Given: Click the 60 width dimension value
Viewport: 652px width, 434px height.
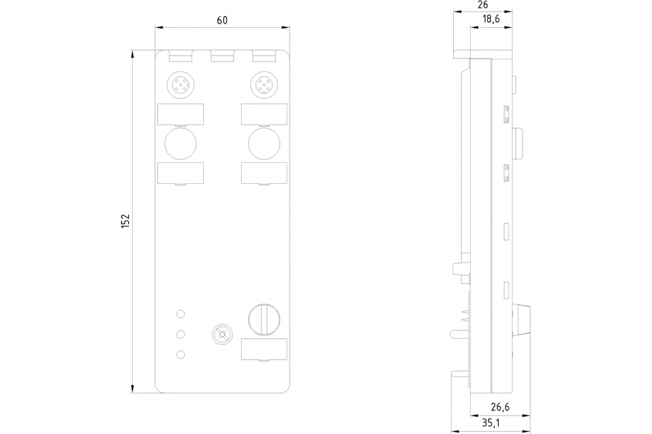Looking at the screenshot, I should [222, 20].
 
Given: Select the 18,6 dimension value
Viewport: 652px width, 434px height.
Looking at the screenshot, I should [491, 19].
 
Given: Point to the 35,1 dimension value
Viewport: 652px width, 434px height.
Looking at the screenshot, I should [491, 422].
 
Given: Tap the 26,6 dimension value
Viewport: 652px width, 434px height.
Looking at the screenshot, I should [499, 407].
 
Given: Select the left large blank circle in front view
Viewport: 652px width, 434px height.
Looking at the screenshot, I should [180, 143].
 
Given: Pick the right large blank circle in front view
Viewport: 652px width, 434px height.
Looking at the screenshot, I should [264, 143].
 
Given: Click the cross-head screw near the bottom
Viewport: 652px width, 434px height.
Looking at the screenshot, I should [221, 334].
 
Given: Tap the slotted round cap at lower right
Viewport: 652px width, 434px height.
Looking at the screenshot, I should [264, 318].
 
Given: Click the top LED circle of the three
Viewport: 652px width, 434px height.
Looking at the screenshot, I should [181, 314].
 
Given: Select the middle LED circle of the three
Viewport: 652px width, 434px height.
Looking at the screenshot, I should [181, 334].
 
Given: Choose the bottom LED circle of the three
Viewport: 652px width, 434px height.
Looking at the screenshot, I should [181, 355].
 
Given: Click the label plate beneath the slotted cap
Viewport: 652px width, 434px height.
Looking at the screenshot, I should [264, 349].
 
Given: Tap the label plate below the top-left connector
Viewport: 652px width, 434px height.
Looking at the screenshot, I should [180, 114].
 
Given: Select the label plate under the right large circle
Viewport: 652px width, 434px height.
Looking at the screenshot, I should [264, 173].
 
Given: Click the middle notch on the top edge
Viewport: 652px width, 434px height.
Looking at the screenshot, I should [222, 56].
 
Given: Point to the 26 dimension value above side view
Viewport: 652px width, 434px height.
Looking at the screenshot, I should [482, 5].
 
